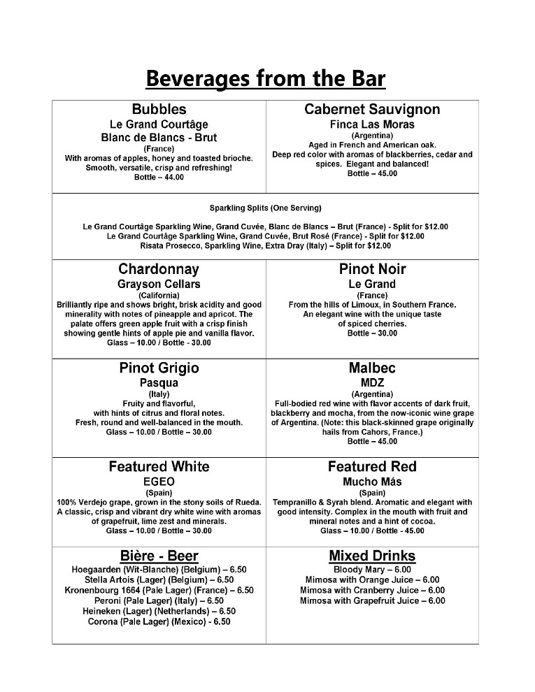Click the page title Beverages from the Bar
tap(266, 78)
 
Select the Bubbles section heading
tap(159, 109)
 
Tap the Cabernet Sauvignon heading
tap(372, 109)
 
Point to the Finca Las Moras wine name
tap(372, 124)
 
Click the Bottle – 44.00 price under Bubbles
tap(159, 178)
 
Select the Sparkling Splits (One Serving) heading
tap(266, 208)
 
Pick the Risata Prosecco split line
tap(266, 246)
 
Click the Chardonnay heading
tap(159, 269)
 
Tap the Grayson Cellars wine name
tap(159, 284)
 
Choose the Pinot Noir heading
tap(372, 269)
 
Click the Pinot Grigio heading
tap(159, 368)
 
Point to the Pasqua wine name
tap(159, 383)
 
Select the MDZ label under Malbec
tap(372, 383)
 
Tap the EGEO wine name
tap(159, 482)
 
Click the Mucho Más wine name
tap(372, 482)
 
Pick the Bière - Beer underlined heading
tap(159, 556)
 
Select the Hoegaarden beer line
tap(159, 570)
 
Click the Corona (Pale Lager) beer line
tap(159, 621)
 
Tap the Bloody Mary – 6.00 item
tap(372, 570)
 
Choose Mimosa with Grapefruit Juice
tap(372, 600)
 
